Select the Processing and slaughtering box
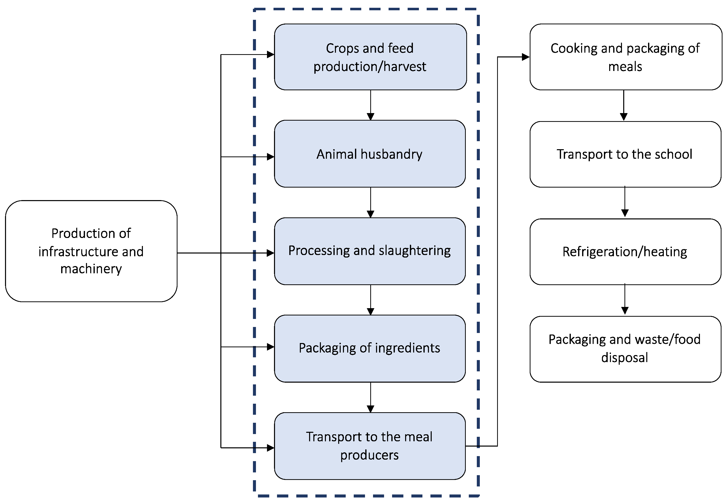(x=369, y=251)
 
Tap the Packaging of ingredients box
(x=369, y=348)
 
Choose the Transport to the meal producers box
(x=369, y=446)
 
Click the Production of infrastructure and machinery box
(x=91, y=251)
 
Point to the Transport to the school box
(x=625, y=154)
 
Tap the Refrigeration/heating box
(x=625, y=252)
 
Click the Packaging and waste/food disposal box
(x=625, y=349)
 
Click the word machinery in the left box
(x=91, y=269)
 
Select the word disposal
(x=624, y=358)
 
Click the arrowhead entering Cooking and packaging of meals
(x=525, y=57)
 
